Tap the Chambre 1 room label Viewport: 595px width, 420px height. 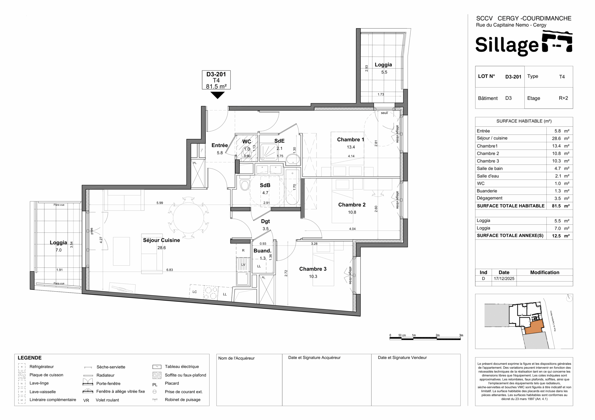tap(350, 140)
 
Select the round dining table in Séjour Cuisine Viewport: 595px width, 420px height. tap(188, 218)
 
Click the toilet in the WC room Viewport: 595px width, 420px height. tap(246, 152)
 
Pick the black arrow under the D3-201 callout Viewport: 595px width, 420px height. tap(217, 95)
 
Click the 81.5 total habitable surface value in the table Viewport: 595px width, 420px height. tap(556, 206)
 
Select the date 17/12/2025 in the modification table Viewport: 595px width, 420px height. tap(504, 279)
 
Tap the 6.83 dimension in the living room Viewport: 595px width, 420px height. tap(169, 270)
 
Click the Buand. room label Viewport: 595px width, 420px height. tap(262, 251)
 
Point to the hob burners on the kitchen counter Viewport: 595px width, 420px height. tap(210, 293)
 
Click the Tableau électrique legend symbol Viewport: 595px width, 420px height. tap(157, 367)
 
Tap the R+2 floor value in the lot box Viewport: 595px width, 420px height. tap(563, 98)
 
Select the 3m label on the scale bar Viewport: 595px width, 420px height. tap(461, 335)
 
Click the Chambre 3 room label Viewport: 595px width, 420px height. tap(313, 269)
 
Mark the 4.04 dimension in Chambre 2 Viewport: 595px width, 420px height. tap(352, 229)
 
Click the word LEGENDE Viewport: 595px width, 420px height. tap(30, 358)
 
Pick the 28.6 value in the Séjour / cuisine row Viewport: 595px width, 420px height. tap(556, 139)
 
